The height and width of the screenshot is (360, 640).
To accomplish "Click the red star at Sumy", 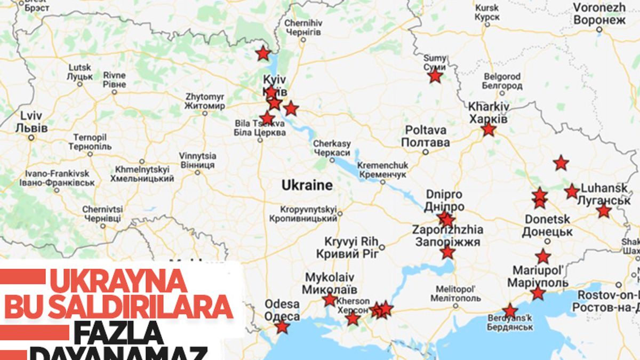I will pyautogui.click(x=435, y=76).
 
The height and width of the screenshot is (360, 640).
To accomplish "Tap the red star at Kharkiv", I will pyautogui.click(x=489, y=130).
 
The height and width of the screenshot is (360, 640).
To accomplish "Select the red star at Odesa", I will pyautogui.click(x=282, y=326).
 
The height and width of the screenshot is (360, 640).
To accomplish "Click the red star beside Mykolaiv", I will pyautogui.click(x=330, y=300).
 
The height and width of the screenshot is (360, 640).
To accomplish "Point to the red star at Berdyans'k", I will pyautogui.click(x=510, y=311).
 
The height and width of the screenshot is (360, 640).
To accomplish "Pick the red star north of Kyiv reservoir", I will pyautogui.click(x=262, y=53).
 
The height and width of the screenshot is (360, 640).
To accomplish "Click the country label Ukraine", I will pyautogui.click(x=307, y=186).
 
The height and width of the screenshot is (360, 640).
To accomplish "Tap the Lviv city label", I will pyautogui.click(x=31, y=122).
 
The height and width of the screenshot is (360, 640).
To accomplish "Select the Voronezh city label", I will pyautogui.click(x=599, y=14).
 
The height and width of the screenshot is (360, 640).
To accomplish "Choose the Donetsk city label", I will pyautogui.click(x=547, y=226).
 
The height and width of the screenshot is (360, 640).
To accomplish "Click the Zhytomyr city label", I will pyautogui.click(x=205, y=101).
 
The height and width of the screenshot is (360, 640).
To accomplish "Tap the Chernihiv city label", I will pyautogui.click(x=303, y=28).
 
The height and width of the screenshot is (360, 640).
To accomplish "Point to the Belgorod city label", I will pyautogui.click(x=501, y=81).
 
